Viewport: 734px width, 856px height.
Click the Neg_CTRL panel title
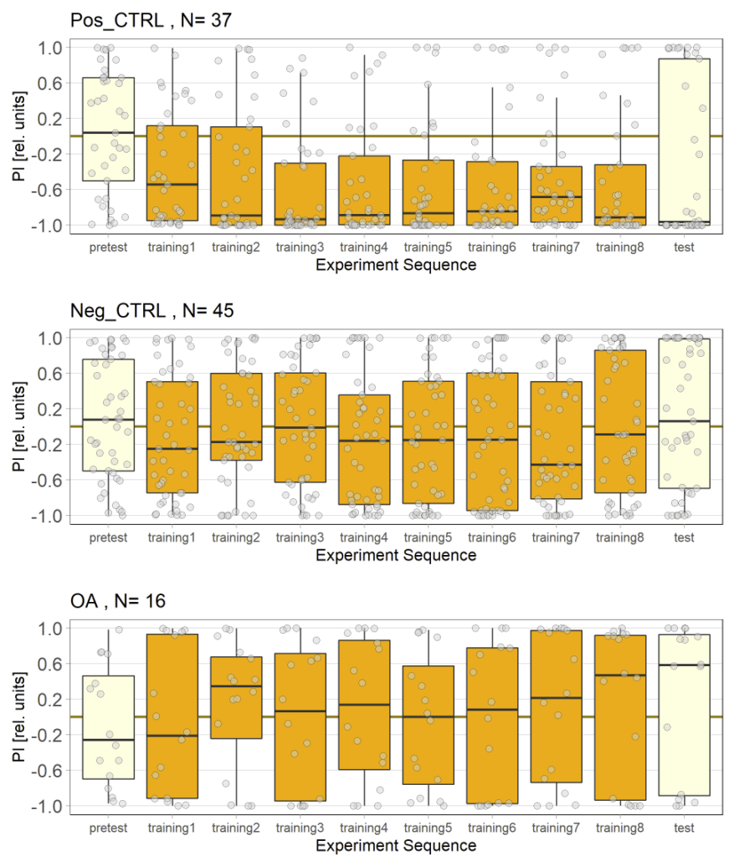pos(151,310)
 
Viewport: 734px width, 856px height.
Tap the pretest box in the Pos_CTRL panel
pos(109,130)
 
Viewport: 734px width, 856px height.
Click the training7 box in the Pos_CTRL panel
pos(557,194)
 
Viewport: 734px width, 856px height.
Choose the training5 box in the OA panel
pos(429,725)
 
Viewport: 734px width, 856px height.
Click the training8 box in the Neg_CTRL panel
pos(621,421)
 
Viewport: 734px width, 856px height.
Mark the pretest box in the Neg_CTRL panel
pos(109,415)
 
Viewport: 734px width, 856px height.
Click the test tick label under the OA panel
pos(685,828)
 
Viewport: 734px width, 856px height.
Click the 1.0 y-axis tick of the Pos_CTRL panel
pos(51,48)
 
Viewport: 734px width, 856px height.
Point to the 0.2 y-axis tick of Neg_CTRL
pos(51,409)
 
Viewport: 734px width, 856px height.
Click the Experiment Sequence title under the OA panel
pos(397,845)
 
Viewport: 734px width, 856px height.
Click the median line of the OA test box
pos(685,665)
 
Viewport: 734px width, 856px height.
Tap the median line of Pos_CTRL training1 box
pos(172,184)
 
